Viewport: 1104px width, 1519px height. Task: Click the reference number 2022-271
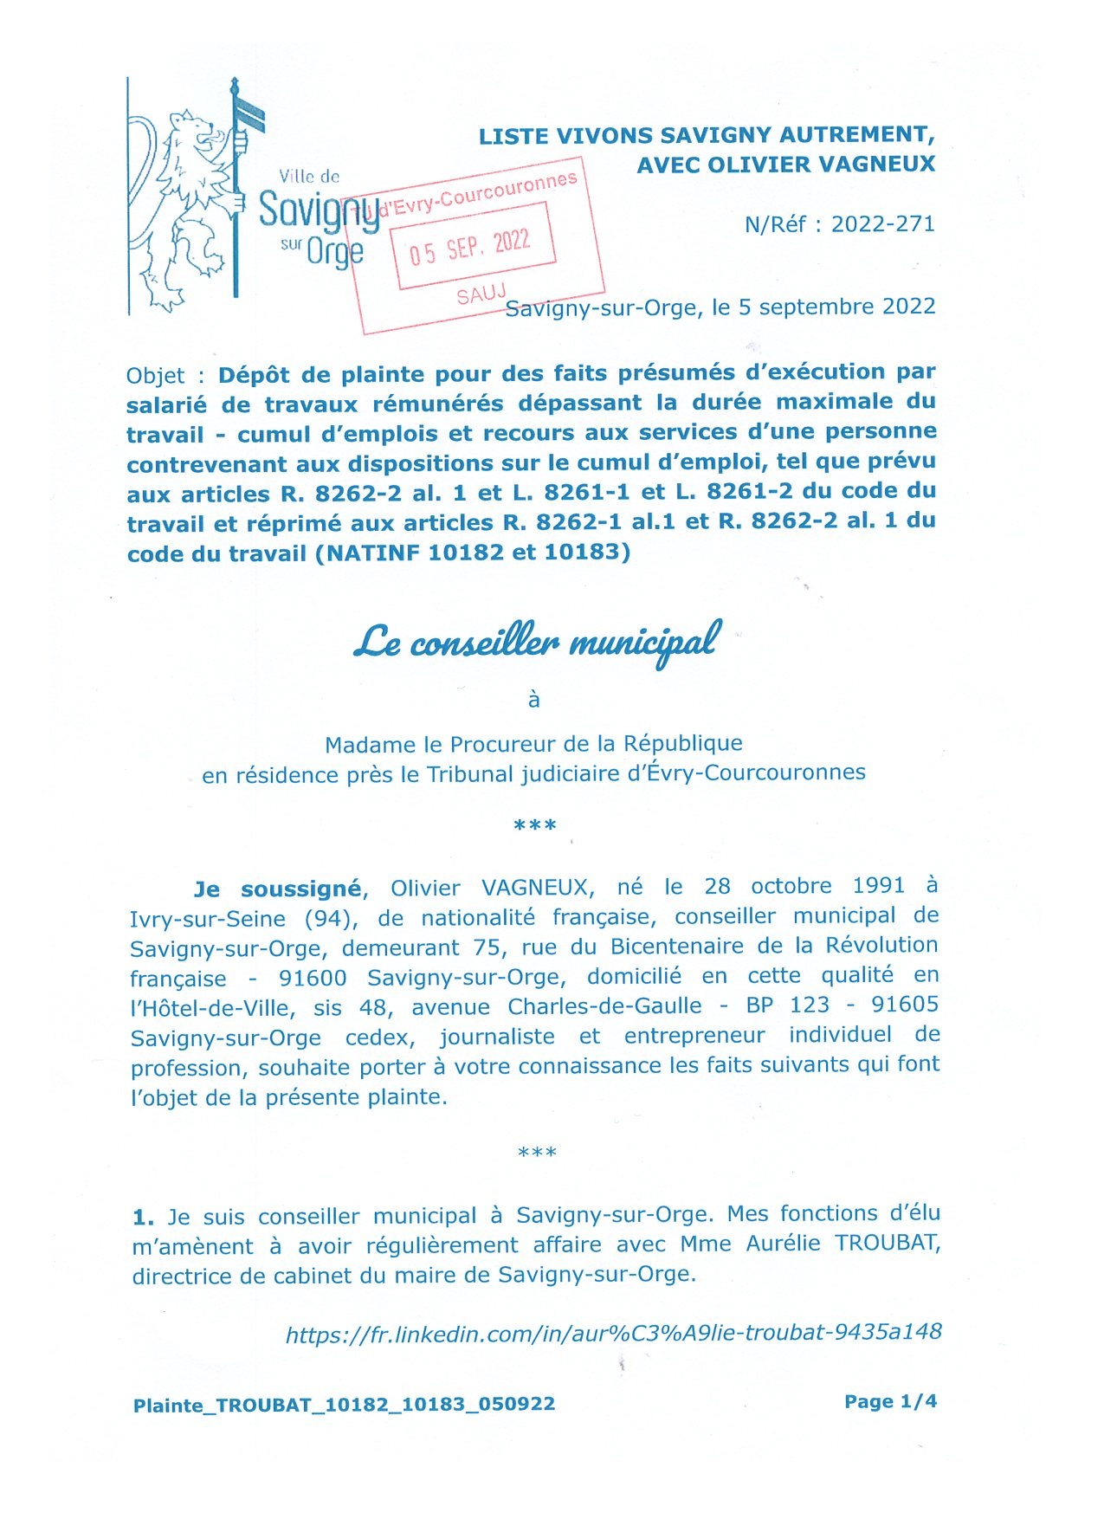pyautogui.click(x=883, y=224)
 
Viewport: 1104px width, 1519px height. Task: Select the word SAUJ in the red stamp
pyautogui.click(x=481, y=294)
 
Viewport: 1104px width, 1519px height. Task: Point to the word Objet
pyautogui.click(x=155, y=376)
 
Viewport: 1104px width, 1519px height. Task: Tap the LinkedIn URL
pyautogui.click(x=613, y=1333)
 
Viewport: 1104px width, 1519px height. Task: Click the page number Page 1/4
pyautogui.click(x=890, y=1401)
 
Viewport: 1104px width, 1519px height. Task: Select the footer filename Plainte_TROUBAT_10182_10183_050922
pyautogui.click(x=344, y=1405)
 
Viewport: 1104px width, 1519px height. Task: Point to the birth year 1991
pyautogui.click(x=878, y=886)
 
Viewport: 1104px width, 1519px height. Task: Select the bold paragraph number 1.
pyautogui.click(x=143, y=1218)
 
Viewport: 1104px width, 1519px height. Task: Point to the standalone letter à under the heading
pyautogui.click(x=534, y=700)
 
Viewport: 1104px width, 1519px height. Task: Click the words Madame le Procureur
pyautogui.click(x=440, y=744)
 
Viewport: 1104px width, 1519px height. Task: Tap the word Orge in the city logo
pyautogui.click(x=334, y=252)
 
